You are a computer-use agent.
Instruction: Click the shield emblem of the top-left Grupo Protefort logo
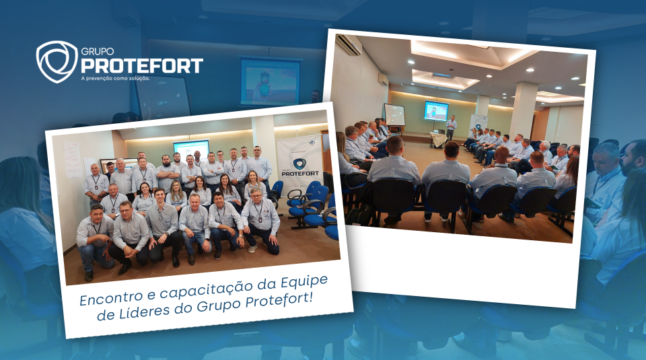[x=57, y=61]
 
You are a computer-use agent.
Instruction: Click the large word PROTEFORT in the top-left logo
[x=142, y=66]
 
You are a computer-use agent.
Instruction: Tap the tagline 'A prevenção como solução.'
[x=115, y=78]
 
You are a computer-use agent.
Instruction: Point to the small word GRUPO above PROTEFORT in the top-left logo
[x=97, y=52]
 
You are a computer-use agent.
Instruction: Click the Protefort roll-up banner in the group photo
[x=299, y=165]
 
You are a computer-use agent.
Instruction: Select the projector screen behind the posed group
[x=191, y=149]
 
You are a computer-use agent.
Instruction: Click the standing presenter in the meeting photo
[x=452, y=128]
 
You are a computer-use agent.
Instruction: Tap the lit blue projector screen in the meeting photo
[x=436, y=110]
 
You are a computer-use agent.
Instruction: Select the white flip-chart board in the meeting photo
[x=395, y=115]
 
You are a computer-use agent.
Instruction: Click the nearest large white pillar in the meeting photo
[x=523, y=109]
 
